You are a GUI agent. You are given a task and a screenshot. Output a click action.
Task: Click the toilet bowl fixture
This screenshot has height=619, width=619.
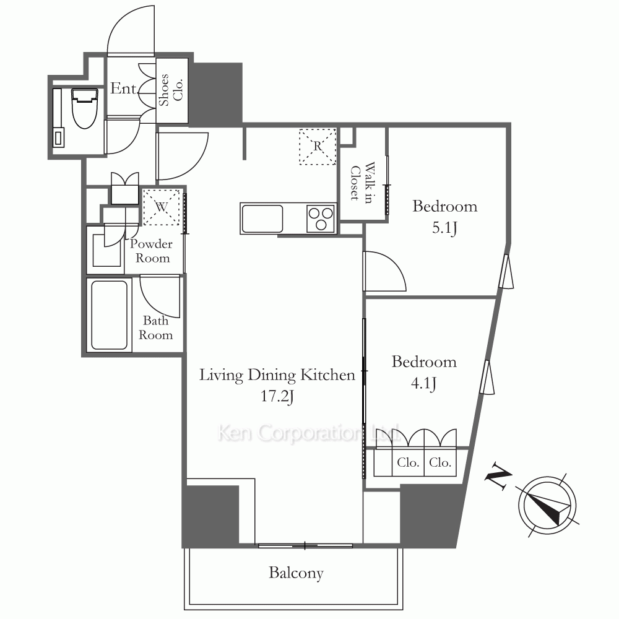coord(84,108)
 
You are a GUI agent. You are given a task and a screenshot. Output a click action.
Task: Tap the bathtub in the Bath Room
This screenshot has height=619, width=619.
coord(110,314)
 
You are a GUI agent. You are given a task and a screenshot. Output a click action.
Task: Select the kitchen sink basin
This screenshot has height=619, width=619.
coord(262,219)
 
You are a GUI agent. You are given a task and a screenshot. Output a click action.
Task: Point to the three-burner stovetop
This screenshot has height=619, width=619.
coord(321,219)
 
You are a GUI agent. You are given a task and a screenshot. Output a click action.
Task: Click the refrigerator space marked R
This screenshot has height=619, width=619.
coord(318,147)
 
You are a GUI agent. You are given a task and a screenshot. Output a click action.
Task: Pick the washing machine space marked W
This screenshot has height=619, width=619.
coord(162,207)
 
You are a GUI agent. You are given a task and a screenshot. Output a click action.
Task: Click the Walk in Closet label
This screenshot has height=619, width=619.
coord(362,183)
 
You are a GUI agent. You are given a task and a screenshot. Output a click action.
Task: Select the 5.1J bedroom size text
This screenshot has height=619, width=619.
coord(444,228)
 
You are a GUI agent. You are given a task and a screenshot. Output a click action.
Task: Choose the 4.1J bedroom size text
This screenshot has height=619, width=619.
coord(423,383)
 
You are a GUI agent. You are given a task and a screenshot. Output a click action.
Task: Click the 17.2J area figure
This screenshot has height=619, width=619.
coord(277,396)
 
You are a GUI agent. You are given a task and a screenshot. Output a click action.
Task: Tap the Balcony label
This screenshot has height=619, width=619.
coord(296,573)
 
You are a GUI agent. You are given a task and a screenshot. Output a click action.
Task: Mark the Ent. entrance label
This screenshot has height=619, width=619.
coord(124,89)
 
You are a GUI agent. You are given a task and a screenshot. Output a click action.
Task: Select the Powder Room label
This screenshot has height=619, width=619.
coord(152,251)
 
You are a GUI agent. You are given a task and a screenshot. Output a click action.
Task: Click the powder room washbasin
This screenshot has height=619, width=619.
coord(106,250)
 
